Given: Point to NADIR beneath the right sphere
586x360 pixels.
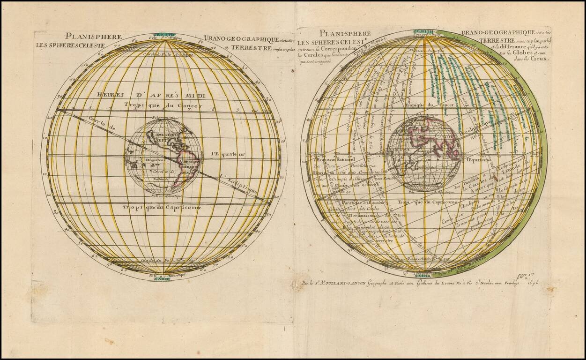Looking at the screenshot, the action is point(423,277).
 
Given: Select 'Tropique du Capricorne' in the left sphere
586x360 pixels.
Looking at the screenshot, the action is point(162,207).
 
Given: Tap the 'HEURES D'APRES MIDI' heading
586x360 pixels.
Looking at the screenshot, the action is point(154,95).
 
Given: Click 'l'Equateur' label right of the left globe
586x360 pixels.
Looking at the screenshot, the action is point(228,154).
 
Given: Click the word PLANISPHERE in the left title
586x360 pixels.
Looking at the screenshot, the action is point(94,36).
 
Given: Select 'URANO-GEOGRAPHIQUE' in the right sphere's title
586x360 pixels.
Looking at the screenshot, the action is point(492,32).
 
